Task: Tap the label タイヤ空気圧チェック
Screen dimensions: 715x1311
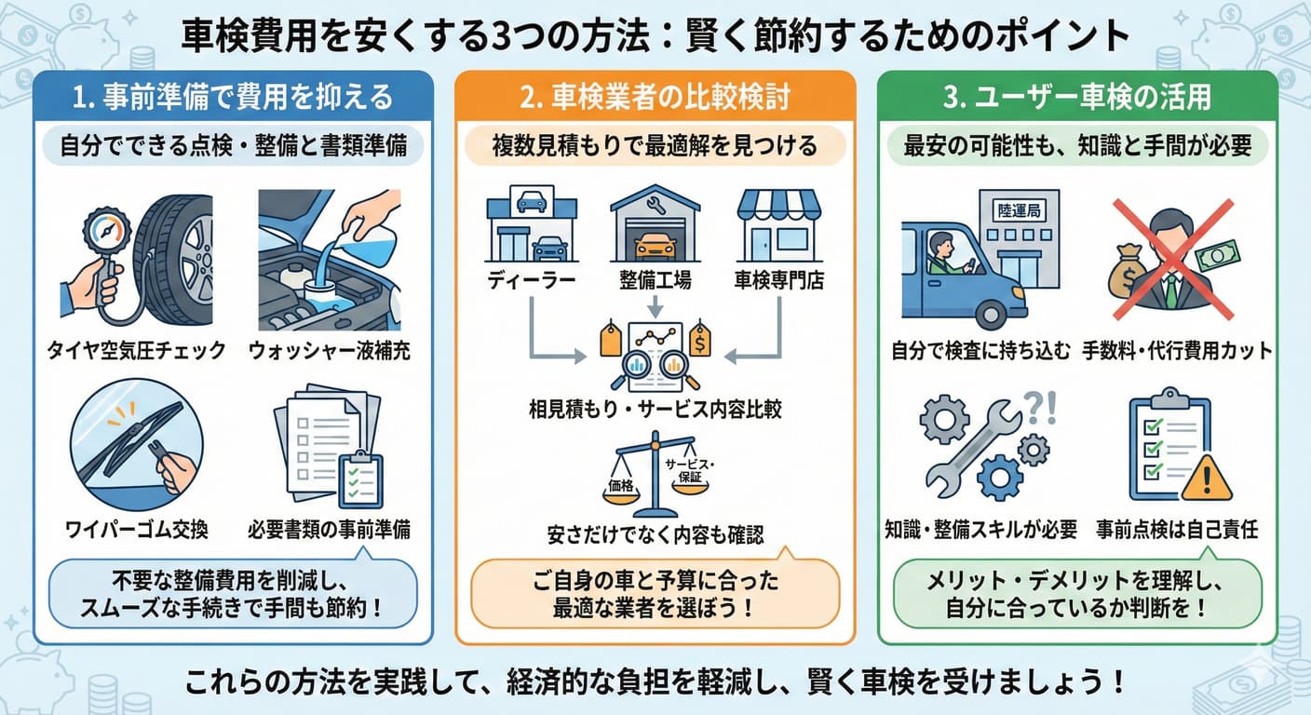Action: click(x=137, y=351)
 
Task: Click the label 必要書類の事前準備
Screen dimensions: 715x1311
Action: click(x=329, y=530)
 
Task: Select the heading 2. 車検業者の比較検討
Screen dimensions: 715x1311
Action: click(x=655, y=97)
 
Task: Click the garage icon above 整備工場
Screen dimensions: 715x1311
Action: click(x=655, y=226)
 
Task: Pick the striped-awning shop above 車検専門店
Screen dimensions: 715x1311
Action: click(x=778, y=226)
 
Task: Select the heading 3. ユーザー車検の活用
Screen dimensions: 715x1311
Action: click(x=1077, y=97)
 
